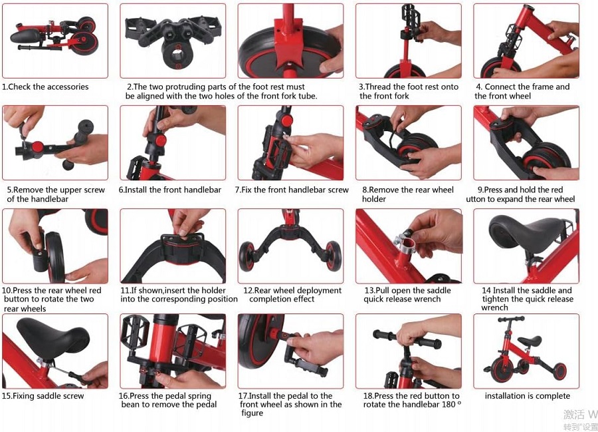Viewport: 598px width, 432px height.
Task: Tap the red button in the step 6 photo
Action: point(161,140)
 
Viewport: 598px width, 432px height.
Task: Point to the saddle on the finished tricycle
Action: point(530,341)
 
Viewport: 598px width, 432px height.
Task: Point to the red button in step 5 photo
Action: point(37,146)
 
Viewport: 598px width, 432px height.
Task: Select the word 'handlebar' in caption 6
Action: point(202,190)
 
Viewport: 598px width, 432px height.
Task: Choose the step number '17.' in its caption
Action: point(243,395)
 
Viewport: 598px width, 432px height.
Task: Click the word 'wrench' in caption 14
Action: point(494,308)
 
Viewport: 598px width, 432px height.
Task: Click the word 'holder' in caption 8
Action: point(373,198)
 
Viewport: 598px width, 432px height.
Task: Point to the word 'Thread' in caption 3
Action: point(378,87)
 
